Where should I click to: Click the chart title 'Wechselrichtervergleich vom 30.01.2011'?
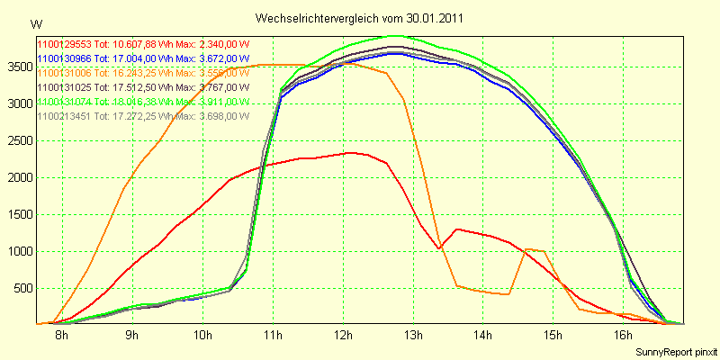click(x=360, y=18)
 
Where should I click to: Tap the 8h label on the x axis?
click(x=61, y=336)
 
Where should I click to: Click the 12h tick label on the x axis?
click(x=343, y=336)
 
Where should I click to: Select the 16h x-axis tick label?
click(x=624, y=336)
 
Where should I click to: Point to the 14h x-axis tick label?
click(x=483, y=336)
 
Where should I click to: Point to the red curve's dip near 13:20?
click(x=438, y=248)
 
